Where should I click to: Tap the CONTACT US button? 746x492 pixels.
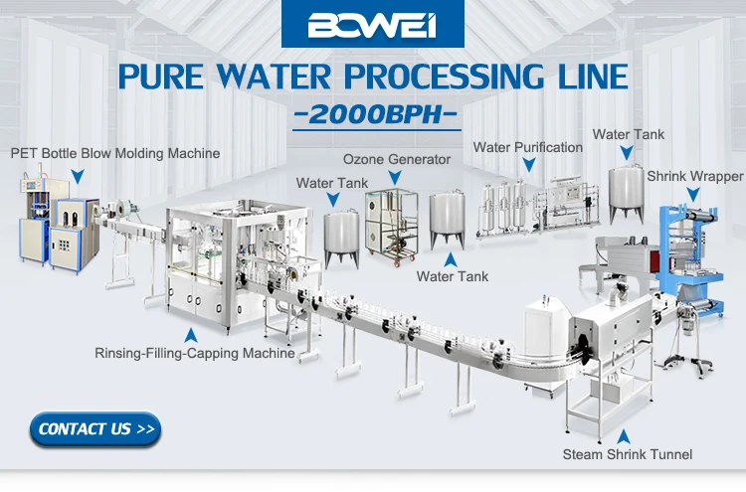pos(96,429)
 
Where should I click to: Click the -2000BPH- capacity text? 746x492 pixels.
pos(377,112)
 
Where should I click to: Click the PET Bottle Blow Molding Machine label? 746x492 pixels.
pos(115,153)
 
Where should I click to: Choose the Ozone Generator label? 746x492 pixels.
pos(397,159)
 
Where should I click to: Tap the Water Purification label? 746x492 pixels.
pos(527,147)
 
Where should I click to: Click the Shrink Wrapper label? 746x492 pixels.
pos(694,177)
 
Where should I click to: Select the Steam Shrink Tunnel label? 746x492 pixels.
pos(627,455)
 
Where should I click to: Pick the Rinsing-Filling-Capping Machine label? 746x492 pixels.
pos(194,352)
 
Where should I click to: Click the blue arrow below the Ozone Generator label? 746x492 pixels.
pos(395,178)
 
